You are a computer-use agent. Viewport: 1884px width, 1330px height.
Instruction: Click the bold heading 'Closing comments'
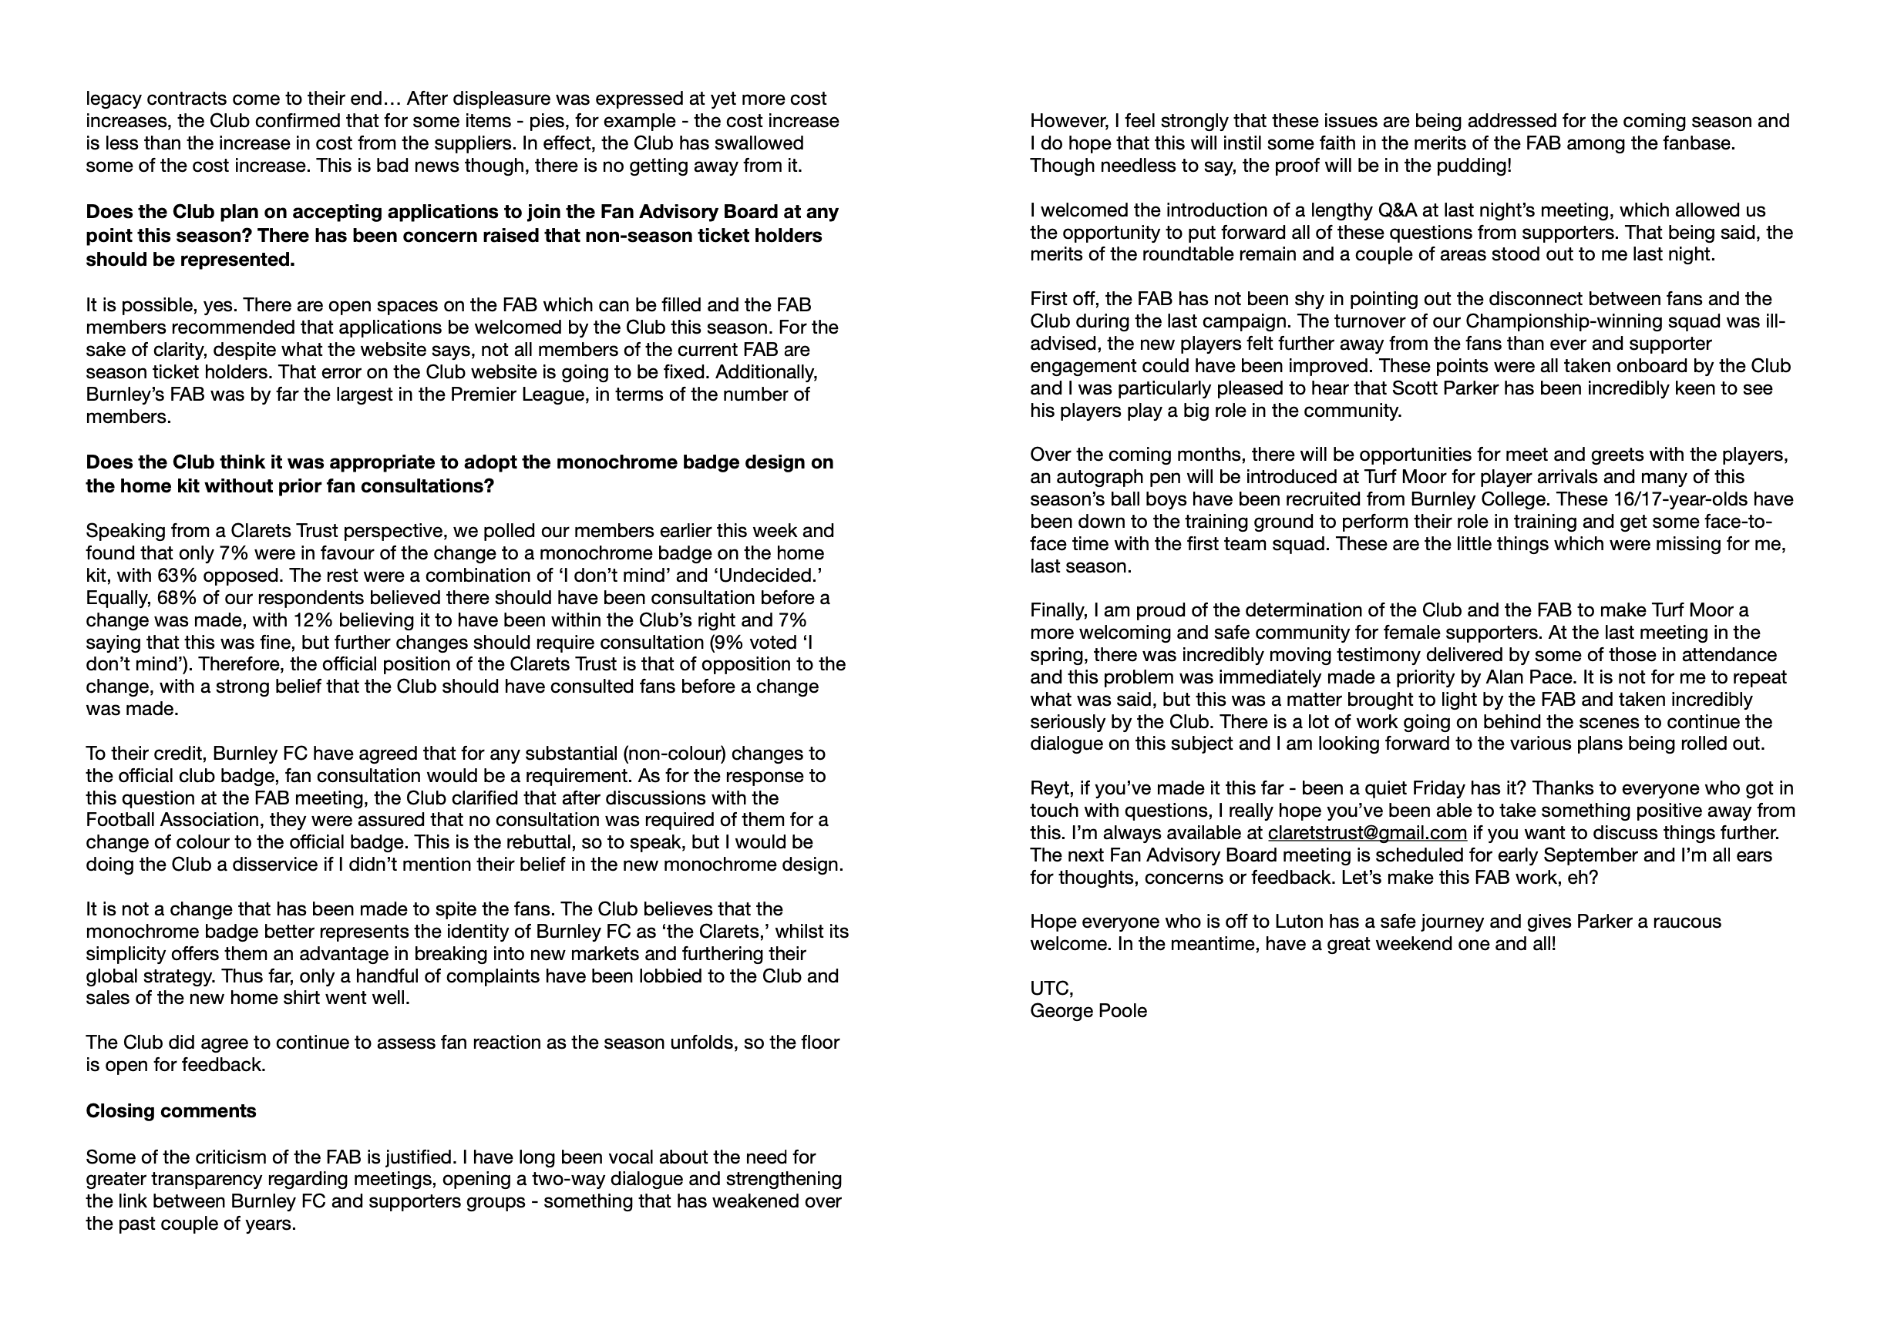170,1111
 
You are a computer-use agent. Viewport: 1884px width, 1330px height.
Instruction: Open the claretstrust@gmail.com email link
1367,833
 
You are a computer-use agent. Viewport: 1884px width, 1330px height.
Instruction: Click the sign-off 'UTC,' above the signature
1051,989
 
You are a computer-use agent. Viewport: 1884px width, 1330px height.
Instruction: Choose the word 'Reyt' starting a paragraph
1048,788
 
